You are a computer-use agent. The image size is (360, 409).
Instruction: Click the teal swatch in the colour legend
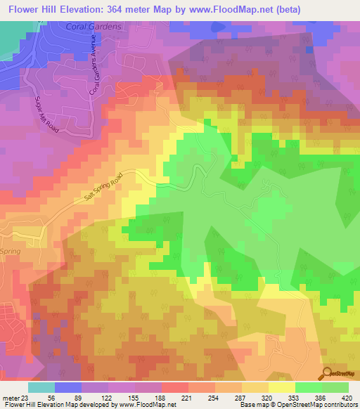click(41, 387)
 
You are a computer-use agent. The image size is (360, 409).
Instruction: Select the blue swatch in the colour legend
click(68, 387)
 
